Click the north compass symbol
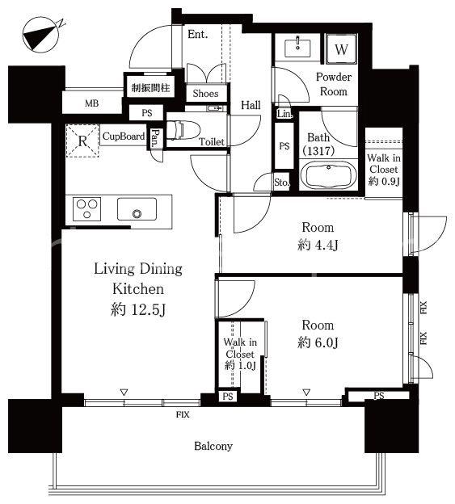tap(42, 36)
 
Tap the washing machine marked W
tap(341, 48)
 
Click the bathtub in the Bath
tap(328, 176)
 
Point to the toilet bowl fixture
tap(183, 130)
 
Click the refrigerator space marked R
tap(82, 141)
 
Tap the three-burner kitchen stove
tap(86, 209)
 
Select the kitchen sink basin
tap(137, 209)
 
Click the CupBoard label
tap(124, 136)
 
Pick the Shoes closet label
tap(205, 93)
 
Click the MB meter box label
tap(91, 103)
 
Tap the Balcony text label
tap(213, 446)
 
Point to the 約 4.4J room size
tap(318, 246)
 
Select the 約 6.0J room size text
tap(318, 342)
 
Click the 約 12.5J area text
tap(138, 310)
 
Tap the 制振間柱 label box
tap(150, 87)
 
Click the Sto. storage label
tap(282, 183)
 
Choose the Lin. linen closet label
tap(284, 113)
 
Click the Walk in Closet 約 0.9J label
tap(384, 170)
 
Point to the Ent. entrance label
tap(198, 35)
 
